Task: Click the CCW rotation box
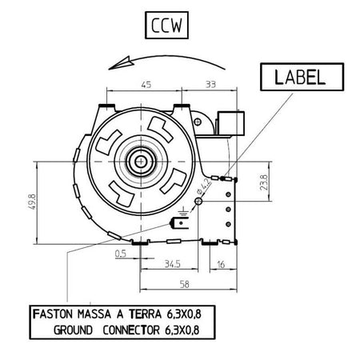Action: (x=166, y=25)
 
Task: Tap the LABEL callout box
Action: (x=302, y=77)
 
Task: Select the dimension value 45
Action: (x=146, y=85)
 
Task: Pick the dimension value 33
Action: (x=210, y=85)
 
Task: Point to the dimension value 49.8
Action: (x=31, y=202)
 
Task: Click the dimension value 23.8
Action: (x=263, y=182)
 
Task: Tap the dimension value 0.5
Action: (x=121, y=254)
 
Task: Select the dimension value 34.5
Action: (x=172, y=264)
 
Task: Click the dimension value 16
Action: (x=221, y=265)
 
